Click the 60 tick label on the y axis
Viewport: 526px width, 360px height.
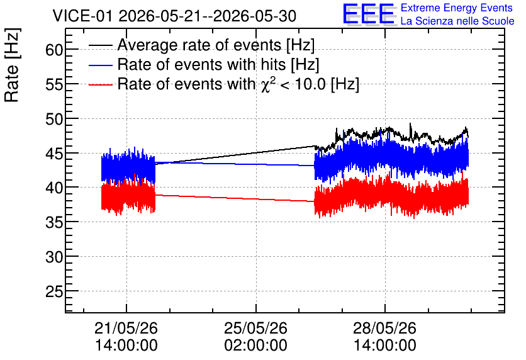(x=54, y=50)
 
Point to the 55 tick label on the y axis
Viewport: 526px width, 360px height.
(x=54, y=84)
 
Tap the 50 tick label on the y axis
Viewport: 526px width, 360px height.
(x=54, y=119)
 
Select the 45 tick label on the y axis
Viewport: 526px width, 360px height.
(x=54, y=154)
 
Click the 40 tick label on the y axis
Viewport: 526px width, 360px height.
(x=54, y=188)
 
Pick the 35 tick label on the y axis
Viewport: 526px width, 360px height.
(x=54, y=222)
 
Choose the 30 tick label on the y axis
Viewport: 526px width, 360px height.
(x=54, y=257)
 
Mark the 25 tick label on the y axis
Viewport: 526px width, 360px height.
(x=54, y=291)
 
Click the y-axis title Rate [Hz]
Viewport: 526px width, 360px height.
(x=12, y=65)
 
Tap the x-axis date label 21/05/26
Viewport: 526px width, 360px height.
(x=126, y=328)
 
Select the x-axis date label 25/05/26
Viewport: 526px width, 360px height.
(x=255, y=328)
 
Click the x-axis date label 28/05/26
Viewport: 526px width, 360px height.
(x=385, y=328)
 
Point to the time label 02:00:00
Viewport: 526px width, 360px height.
(x=255, y=345)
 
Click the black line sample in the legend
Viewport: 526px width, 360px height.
(x=100, y=45)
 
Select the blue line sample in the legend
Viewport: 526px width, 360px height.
(x=100, y=65)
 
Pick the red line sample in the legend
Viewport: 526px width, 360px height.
(x=100, y=84)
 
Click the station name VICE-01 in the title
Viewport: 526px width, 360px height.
(x=83, y=16)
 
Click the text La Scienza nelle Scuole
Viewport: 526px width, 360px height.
(x=457, y=21)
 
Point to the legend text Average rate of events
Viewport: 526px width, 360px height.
(x=199, y=45)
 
